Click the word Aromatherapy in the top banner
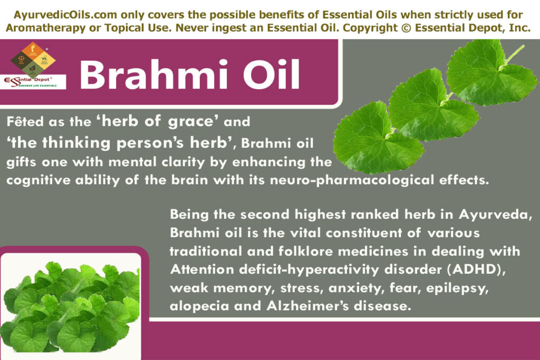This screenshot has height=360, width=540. click(x=53, y=28)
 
